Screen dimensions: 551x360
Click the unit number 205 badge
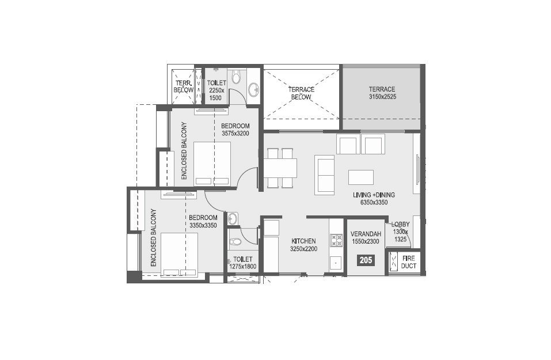tap(366, 260)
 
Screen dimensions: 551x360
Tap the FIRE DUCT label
tap(409, 262)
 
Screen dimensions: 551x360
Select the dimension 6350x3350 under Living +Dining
tap(374, 203)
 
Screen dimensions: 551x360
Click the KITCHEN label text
tap(303, 241)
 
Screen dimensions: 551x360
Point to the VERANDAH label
tap(366, 234)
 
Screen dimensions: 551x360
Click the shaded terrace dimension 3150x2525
tap(383, 97)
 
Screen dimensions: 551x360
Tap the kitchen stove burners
tap(336, 240)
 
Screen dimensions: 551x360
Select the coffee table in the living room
tap(361, 177)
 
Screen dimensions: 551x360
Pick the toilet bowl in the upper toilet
tap(236, 77)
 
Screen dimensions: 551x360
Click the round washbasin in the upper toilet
tap(253, 89)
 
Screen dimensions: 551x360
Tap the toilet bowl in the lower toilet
tap(234, 242)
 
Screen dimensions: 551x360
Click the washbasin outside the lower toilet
tap(232, 218)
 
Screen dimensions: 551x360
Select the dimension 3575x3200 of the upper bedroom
tap(235, 133)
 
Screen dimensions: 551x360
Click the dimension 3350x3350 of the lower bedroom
tap(203, 225)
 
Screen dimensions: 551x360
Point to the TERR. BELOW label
tap(184, 86)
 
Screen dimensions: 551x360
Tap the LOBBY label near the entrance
tap(400, 224)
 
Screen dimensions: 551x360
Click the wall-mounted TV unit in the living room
tap(417, 169)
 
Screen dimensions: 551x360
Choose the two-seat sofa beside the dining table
tap(324, 175)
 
